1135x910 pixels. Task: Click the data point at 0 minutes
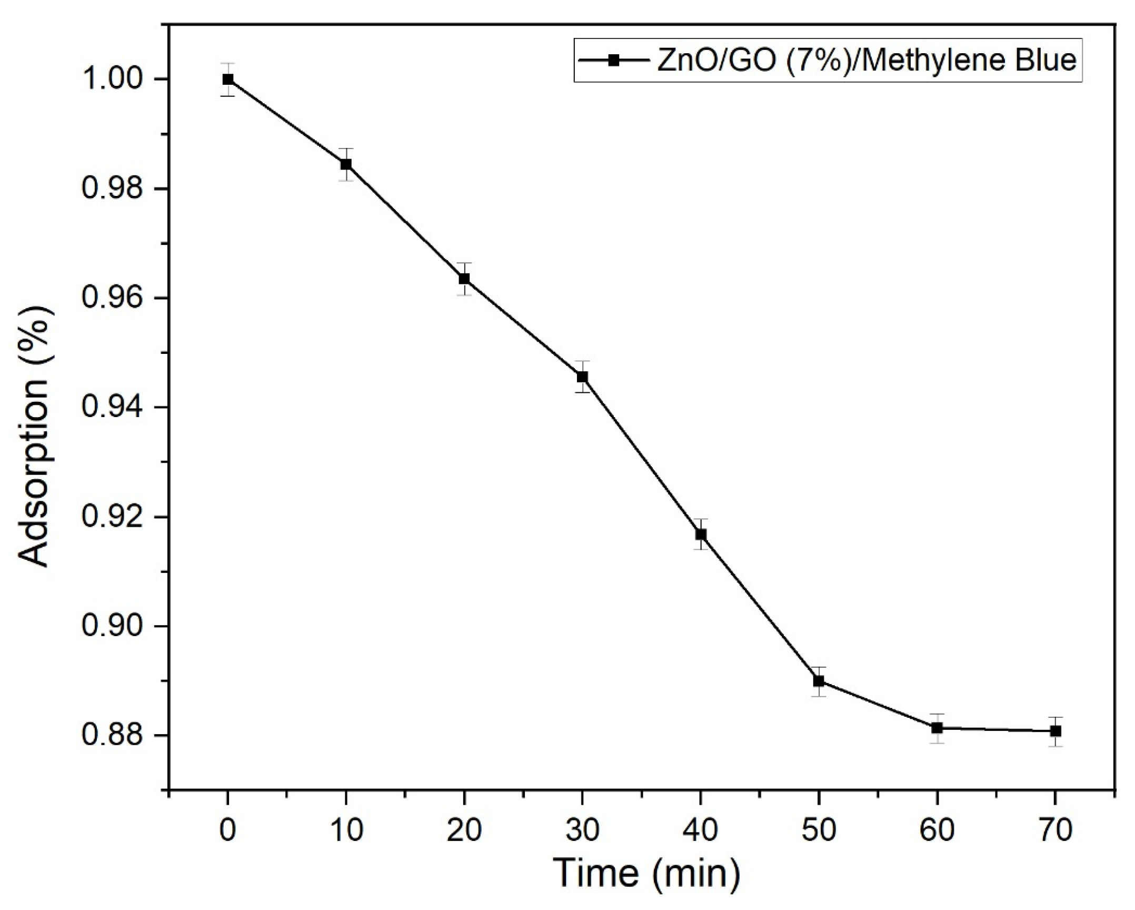(228, 80)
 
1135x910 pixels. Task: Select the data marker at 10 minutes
(346, 164)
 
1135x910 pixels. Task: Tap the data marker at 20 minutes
(464, 279)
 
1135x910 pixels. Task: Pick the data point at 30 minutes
(582, 377)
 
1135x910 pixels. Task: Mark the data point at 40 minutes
(701, 535)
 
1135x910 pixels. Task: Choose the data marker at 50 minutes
(819, 681)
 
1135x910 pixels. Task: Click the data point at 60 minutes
(937, 728)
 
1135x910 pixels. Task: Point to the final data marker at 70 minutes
(1055, 731)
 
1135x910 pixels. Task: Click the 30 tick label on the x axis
(582, 830)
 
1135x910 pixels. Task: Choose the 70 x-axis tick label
(1055, 830)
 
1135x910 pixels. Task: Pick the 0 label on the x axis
(228, 830)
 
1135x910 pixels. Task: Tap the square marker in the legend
(613, 60)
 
